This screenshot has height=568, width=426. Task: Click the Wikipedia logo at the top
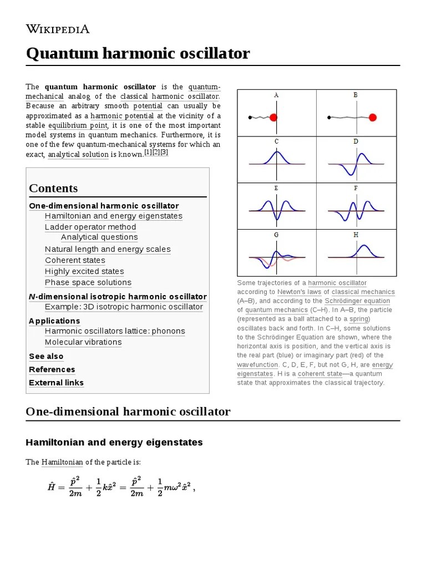point(58,29)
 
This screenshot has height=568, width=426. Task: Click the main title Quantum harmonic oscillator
point(138,54)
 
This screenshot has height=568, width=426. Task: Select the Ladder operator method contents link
point(90,227)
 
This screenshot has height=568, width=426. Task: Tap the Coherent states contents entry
point(75,260)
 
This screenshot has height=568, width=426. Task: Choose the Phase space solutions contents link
point(88,282)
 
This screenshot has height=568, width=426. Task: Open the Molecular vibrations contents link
point(83,342)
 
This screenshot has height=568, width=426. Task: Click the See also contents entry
point(46,356)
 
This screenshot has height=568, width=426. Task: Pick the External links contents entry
point(57,383)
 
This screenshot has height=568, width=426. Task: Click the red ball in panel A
point(273,117)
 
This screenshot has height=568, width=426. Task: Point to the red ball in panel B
point(373,117)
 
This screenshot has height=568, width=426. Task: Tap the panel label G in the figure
point(276,235)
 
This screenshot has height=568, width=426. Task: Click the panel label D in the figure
point(356,141)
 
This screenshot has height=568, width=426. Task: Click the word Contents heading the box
point(53,188)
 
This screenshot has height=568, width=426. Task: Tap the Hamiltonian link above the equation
point(62,462)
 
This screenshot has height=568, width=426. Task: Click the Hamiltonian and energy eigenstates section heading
point(114,442)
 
